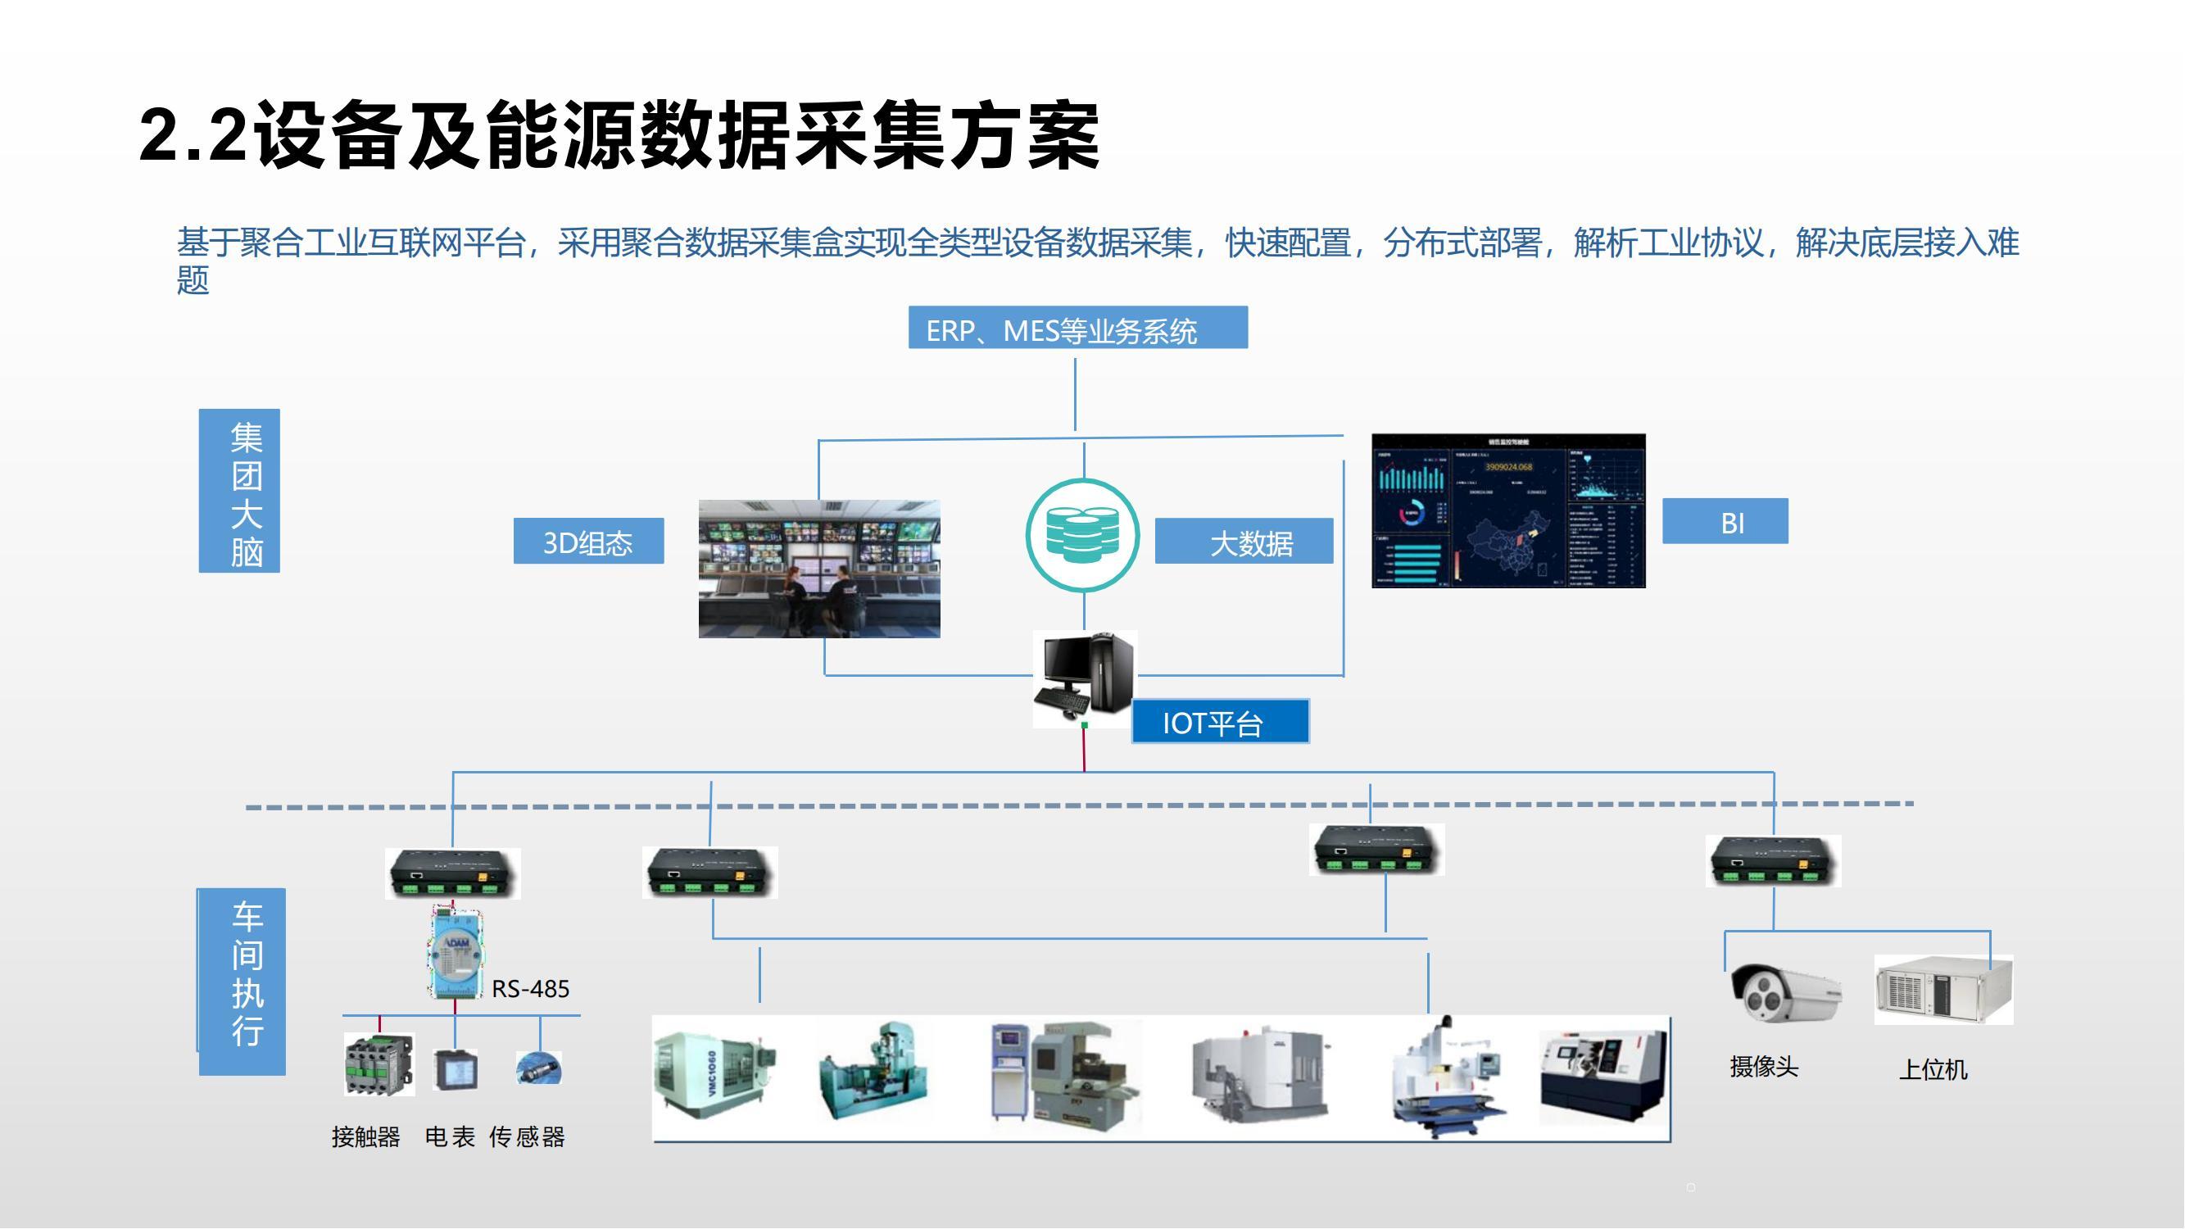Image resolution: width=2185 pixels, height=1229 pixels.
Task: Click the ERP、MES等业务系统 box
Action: (1077, 329)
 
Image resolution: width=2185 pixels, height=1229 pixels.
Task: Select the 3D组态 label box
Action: (587, 541)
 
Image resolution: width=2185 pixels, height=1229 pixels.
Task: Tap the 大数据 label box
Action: (1244, 542)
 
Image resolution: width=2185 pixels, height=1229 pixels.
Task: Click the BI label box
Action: (1725, 522)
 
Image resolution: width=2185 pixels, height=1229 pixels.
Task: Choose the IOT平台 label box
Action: (1220, 722)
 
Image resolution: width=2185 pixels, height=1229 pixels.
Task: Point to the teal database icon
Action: (1082, 535)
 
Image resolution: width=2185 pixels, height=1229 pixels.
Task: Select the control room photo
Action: (818, 569)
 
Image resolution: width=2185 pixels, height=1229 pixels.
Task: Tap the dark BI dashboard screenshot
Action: (1508, 510)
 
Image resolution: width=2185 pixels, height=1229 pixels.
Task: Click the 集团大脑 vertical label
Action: (239, 491)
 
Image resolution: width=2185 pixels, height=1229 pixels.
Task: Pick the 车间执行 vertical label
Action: (243, 982)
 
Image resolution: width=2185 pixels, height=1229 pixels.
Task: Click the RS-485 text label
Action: (530, 989)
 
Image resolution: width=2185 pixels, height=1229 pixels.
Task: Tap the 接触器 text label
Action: (365, 1137)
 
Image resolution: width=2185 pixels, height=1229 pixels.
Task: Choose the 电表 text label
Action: (450, 1137)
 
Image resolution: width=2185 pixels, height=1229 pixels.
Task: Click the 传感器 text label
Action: (527, 1137)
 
